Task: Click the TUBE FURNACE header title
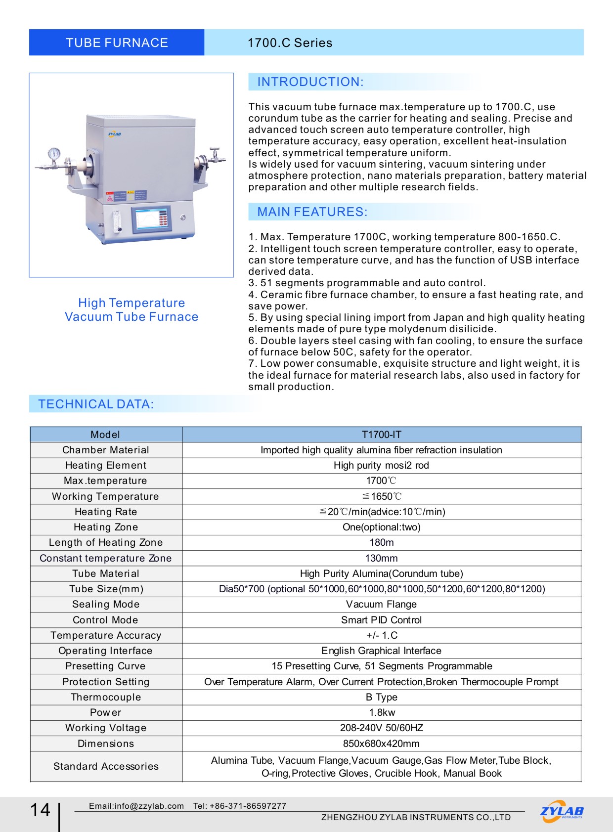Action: pos(117,43)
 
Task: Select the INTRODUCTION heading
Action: pos(310,82)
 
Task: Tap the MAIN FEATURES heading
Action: pos(312,212)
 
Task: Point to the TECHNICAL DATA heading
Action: pos(96,404)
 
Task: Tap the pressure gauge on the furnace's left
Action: pos(54,153)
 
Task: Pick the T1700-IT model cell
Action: pos(382,435)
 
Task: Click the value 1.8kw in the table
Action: pos(382,712)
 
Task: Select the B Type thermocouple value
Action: pos(382,697)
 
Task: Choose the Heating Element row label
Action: pos(106,465)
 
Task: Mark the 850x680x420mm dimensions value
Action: pos(382,744)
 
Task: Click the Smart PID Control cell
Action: pos(382,620)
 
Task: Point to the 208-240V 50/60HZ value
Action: pos(382,728)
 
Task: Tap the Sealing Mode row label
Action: pos(106,604)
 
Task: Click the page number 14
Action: pos(41,810)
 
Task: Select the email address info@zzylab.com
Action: pos(136,806)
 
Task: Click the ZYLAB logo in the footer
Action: pos(562,811)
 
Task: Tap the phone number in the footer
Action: pos(240,806)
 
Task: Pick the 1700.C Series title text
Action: pos(290,43)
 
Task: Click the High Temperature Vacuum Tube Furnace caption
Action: pos(131,310)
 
